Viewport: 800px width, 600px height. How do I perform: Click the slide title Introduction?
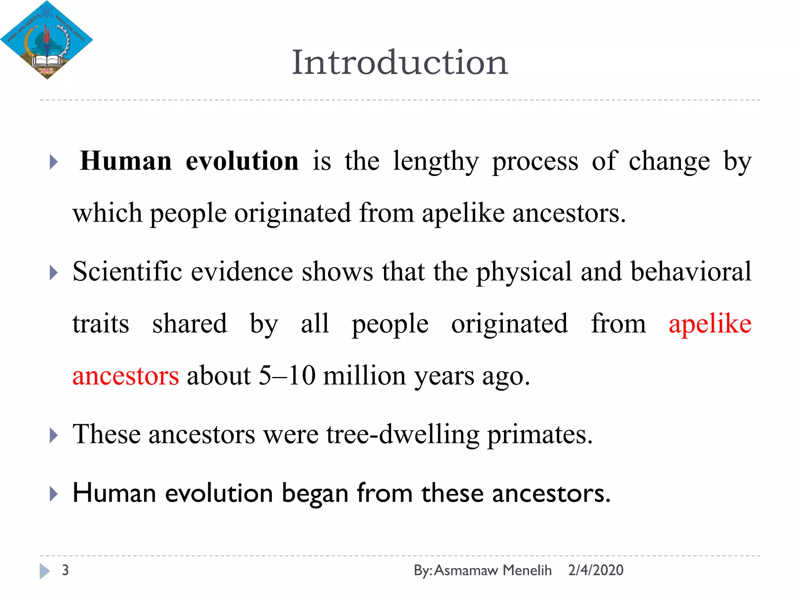(x=400, y=62)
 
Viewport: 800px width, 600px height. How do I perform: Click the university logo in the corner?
(x=46, y=40)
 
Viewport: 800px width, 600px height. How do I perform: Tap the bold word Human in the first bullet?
(x=125, y=161)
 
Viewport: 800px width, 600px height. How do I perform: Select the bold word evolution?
(x=242, y=161)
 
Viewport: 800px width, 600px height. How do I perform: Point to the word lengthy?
(x=435, y=162)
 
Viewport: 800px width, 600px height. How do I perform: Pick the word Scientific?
(x=127, y=271)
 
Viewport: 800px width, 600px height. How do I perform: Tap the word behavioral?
(x=691, y=271)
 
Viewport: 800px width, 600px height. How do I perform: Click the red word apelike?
(x=710, y=324)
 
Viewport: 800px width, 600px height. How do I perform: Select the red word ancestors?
(x=126, y=376)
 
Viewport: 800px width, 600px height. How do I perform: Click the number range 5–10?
(x=287, y=376)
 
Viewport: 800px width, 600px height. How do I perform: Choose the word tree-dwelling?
(x=403, y=435)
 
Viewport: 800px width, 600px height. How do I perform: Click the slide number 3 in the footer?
(x=65, y=570)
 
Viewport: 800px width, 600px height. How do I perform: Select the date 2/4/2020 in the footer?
(x=595, y=570)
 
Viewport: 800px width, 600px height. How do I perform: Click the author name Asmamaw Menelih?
(x=493, y=570)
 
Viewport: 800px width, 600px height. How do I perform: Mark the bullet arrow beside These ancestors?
(x=54, y=435)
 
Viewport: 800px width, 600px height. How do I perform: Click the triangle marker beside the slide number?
(x=45, y=571)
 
